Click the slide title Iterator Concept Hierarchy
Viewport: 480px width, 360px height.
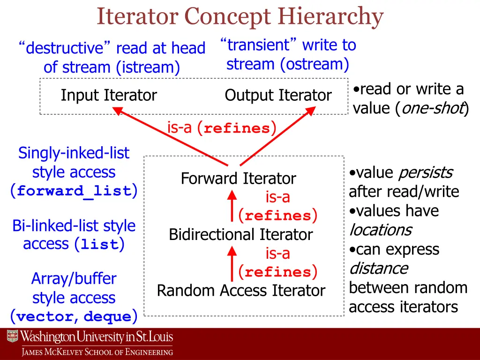pos(240,17)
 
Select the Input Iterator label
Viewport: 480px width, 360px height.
pos(109,95)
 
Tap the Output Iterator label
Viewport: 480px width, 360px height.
pos(278,95)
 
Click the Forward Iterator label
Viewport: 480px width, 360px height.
pos(238,179)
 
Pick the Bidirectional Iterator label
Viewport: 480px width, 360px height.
pos(240,234)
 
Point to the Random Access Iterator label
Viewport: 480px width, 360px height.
pos(240,291)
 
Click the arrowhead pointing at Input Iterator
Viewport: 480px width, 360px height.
pos(118,111)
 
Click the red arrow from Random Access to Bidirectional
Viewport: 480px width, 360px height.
pos(232,262)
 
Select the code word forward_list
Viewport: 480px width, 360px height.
pos(74,191)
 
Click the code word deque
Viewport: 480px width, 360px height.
pos(107,317)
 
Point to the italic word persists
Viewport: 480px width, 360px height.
pos(425,173)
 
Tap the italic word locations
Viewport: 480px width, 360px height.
pos(380,230)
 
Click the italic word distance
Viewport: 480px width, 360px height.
pos(378,269)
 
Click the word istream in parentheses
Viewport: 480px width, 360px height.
pos(147,67)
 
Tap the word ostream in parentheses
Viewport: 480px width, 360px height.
pos(315,64)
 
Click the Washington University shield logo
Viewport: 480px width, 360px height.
pos(12,336)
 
